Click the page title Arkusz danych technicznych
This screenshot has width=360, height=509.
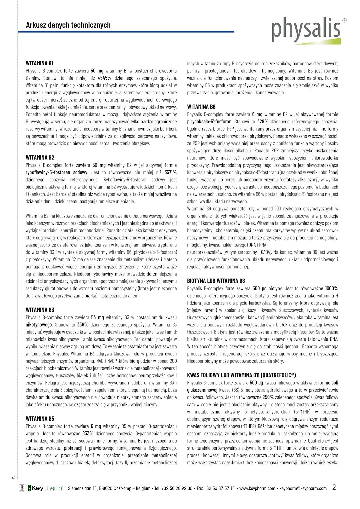tap(68, 25)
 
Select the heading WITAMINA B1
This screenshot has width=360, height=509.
tap(40, 63)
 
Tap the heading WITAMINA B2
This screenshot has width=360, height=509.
tap(40, 158)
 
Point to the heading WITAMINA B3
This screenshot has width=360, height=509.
tap(40, 310)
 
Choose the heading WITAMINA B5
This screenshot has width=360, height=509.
tap(40, 419)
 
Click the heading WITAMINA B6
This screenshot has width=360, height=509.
tap(201, 107)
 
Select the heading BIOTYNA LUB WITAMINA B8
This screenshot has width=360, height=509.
tap(216, 281)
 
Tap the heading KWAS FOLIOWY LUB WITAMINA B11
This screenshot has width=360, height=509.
tap(241, 375)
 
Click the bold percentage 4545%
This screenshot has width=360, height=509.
tap(104, 78)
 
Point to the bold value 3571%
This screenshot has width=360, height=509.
tap(171, 172)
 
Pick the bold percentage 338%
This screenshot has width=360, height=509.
tap(83, 324)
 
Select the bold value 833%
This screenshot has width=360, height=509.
tap(88, 433)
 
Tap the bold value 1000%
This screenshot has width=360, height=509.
tap(331, 288)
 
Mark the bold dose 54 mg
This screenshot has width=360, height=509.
tap(98, 317)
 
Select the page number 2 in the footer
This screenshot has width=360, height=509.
tap(334, 487)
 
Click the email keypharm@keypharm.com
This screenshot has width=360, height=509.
tap(303, 488)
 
